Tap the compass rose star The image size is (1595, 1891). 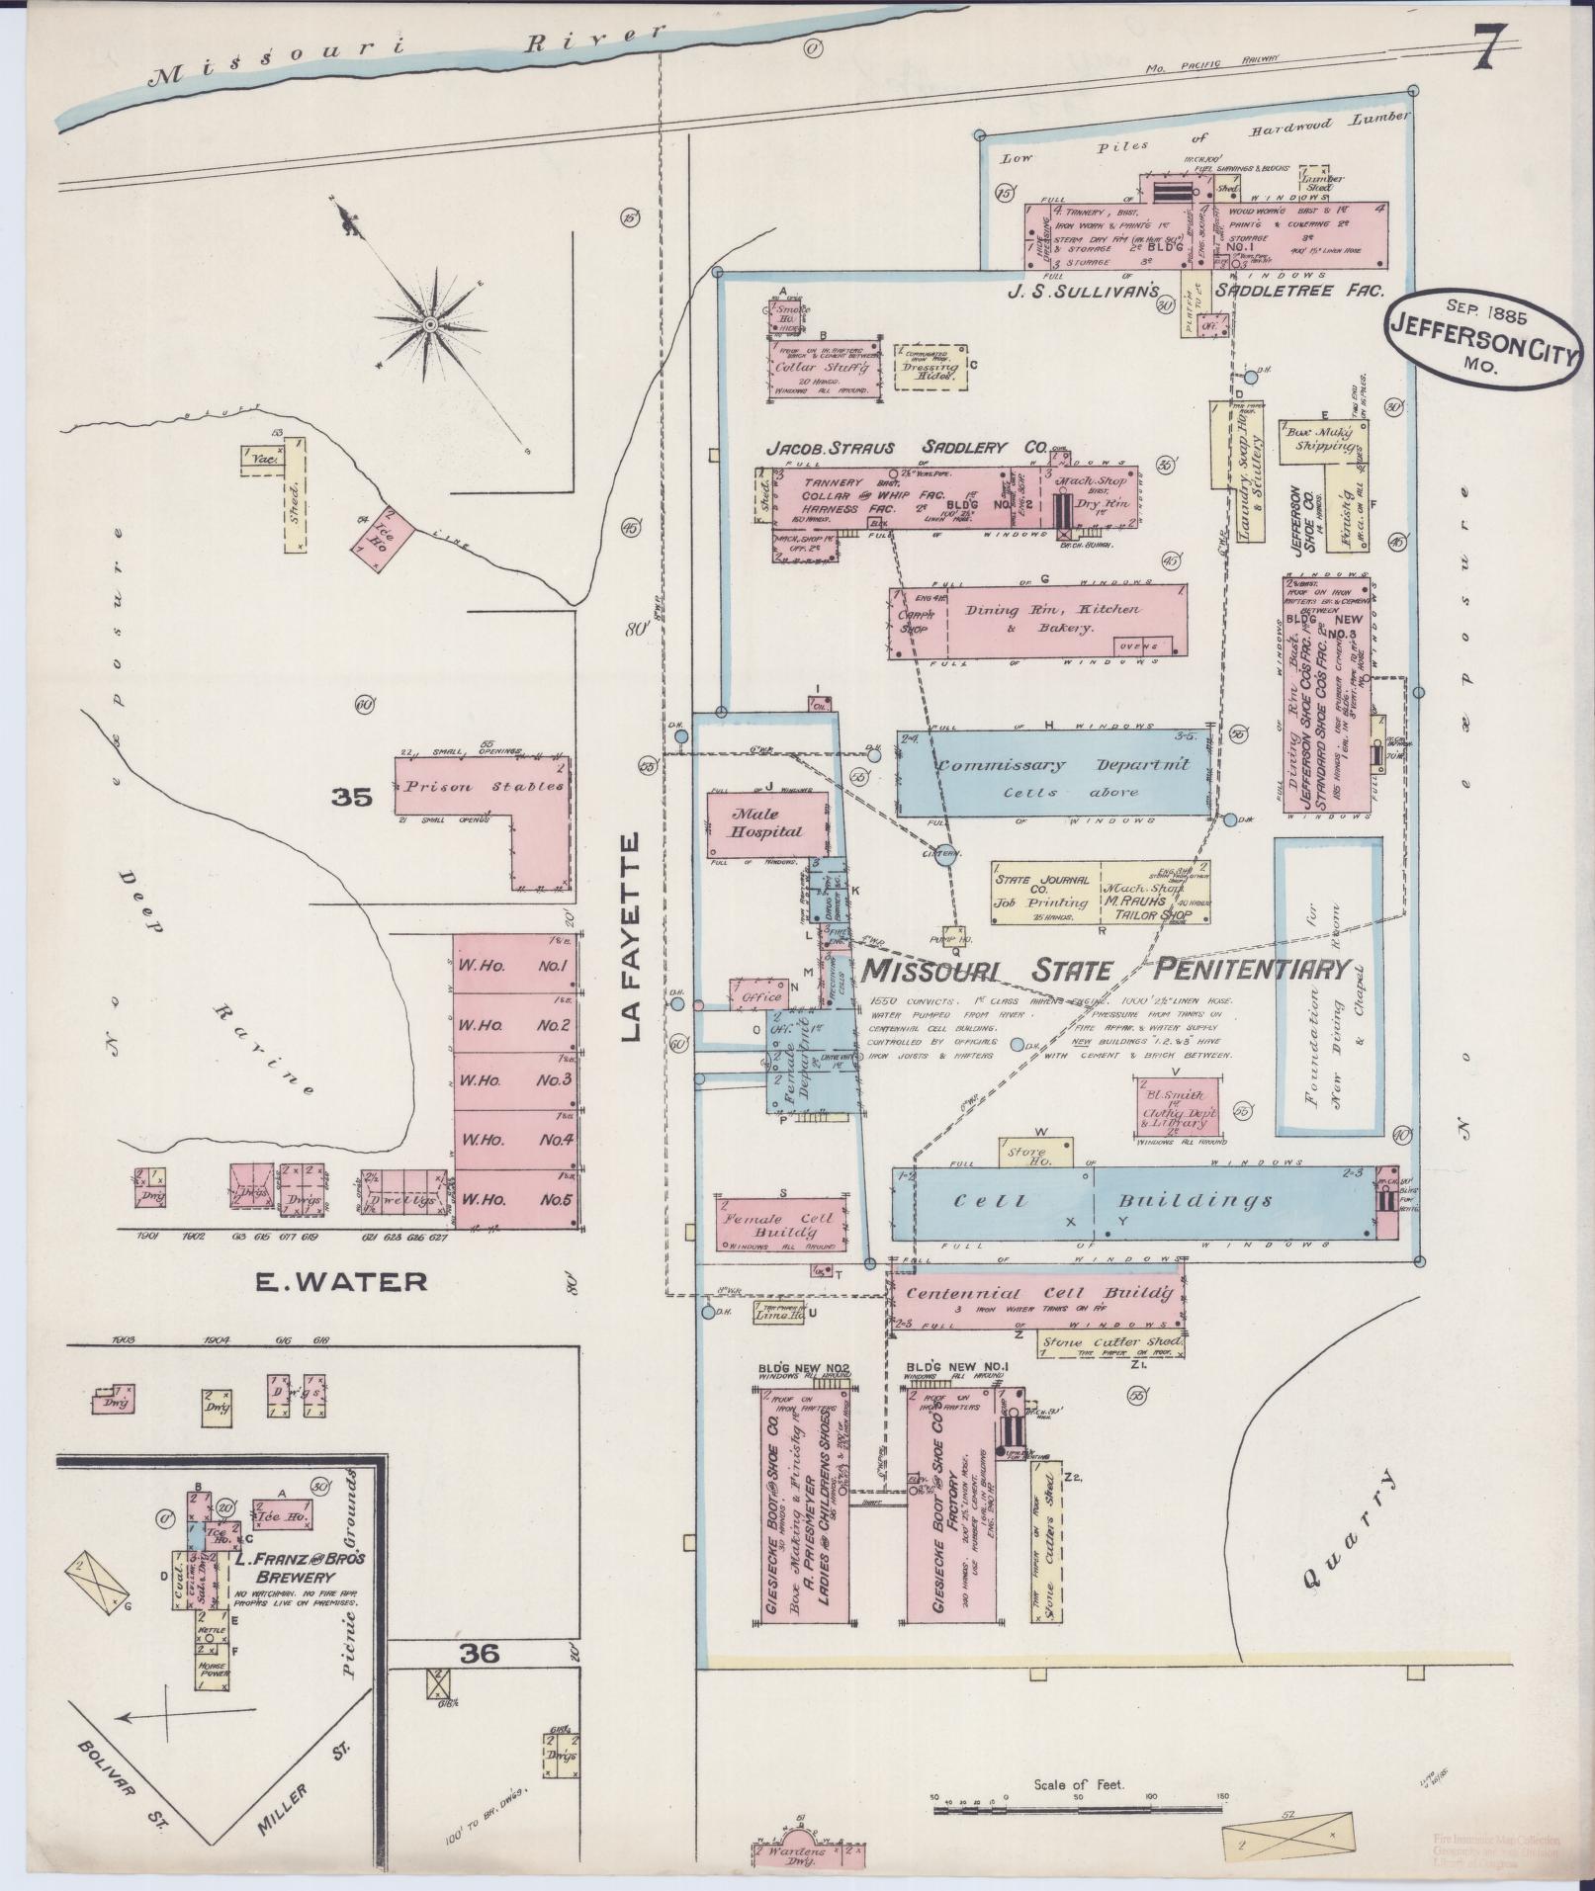[x=430, y=324]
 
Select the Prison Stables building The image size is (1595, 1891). [x=485, y=789]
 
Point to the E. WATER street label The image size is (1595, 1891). [x=341, y=1282]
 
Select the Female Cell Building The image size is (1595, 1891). [x=781, y=1225]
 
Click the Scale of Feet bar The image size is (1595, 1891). [x=1080, y=1809]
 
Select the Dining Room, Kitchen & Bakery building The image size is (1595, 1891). [x=1037, y=620]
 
